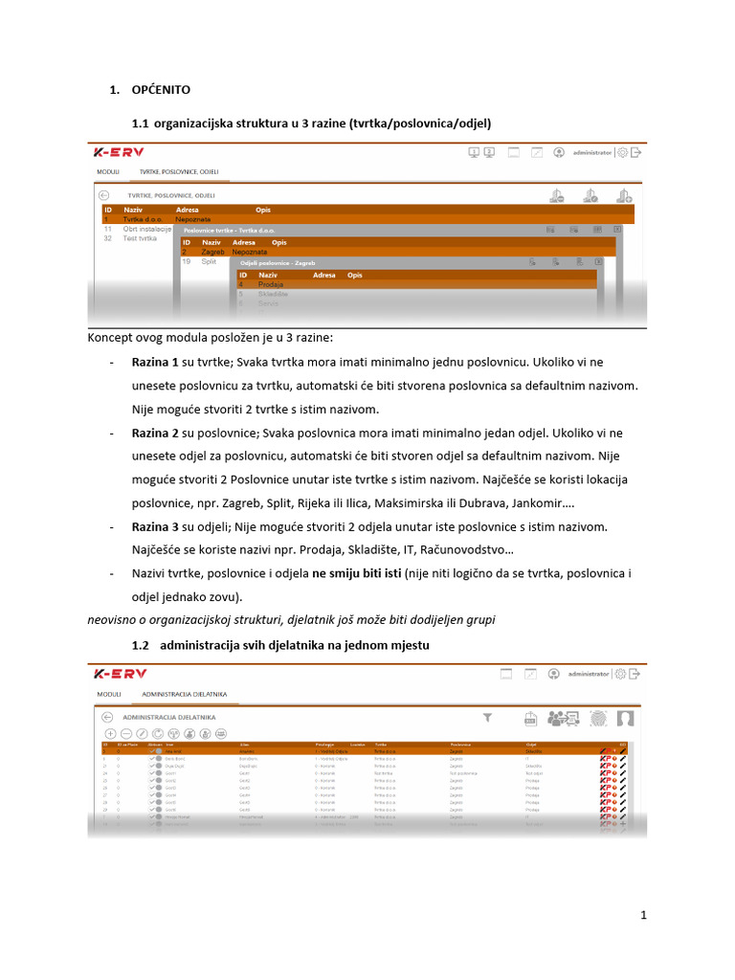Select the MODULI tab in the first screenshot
(x=108, y=172)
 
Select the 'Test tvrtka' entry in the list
(x=141, y=238)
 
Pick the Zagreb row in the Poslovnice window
(x=212, y=252)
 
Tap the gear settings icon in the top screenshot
(x=623, y=152)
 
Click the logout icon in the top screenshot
(x=637, y=152)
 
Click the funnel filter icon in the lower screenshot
(x=487, y=717)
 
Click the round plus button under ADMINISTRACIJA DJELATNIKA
(x=111, y=733)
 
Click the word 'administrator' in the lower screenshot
(x=589, y=674)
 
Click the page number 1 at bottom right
(x=644, y=916)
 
